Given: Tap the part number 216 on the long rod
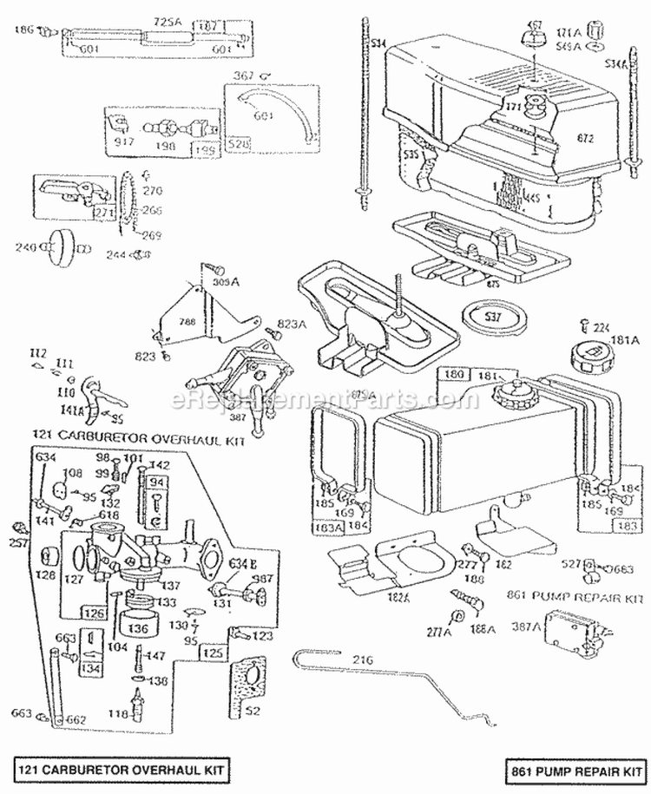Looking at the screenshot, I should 362,661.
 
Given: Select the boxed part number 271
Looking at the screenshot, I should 105,213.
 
